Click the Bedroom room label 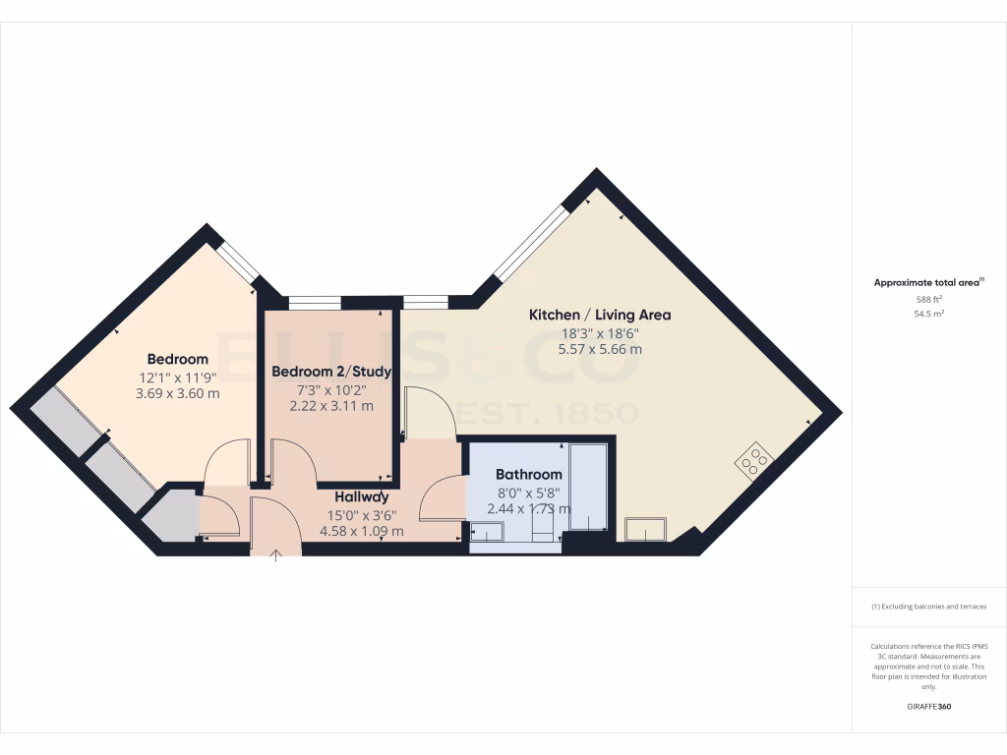click(x=178, y=359)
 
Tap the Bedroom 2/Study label click(x=331, y=372)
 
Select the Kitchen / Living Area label click(x=600, y=315)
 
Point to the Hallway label click(x=362, y=496)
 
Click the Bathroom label click(x=529, y=474)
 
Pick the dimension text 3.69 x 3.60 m click(x=178, y=393)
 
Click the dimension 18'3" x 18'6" click(x=600, y=332)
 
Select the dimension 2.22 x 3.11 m click(x=331, y=405)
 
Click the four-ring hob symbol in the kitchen click(x=754, y=459)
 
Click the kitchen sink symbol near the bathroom click(x=646, y=529)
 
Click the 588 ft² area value click(x=929, y=299)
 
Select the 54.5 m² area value click(x=929, y=314)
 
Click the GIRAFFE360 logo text click(x=929, y=707)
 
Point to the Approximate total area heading click(x=927, y=282)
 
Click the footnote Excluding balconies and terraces click(x=928, y=607)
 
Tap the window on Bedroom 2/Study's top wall click(x=315, y=303)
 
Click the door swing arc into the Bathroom click(x=441, y=496)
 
